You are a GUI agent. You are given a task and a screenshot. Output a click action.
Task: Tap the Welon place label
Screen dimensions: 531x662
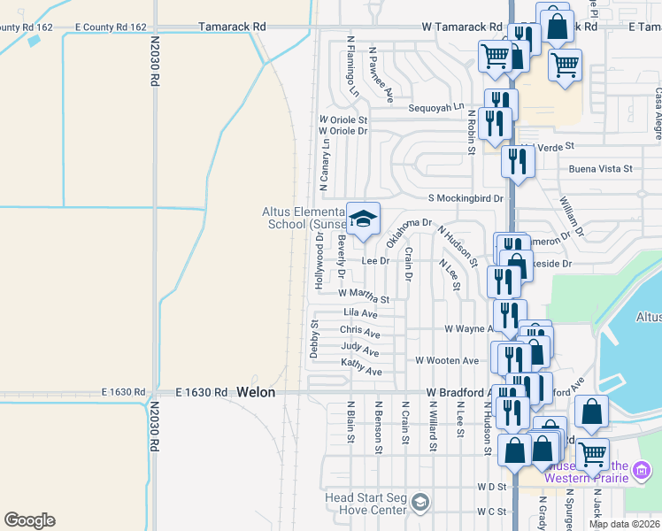(x=256, y=391)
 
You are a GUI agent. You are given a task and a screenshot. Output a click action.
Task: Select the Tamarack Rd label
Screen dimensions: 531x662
(x=233, y=27)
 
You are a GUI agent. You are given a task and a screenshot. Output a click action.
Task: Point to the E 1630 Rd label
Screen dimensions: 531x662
(x=122, y=391)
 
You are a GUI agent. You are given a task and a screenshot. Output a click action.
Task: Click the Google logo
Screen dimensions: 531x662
(x=29, y=520)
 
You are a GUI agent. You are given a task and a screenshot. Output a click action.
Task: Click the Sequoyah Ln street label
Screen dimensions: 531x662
(x=435, y=107)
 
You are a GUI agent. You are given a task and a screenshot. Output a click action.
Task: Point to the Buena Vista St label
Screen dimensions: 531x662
(x=601, y=168)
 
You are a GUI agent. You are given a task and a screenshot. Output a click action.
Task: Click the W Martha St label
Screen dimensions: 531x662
(x=363, y=294)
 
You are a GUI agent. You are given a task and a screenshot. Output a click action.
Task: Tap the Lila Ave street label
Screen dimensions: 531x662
(x=360, y=313)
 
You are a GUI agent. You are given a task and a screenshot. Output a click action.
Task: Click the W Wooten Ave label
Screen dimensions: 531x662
(x=447, y=360)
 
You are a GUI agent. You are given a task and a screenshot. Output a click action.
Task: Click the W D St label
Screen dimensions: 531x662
(x=484, y=486)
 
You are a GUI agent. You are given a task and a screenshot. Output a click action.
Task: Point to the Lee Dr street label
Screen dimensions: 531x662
(x=375, y=260)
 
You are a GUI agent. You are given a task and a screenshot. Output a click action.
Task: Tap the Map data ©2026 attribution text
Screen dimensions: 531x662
(x=624, y=524)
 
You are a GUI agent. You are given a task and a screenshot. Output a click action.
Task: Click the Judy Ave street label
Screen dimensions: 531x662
(x=359, y=350)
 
